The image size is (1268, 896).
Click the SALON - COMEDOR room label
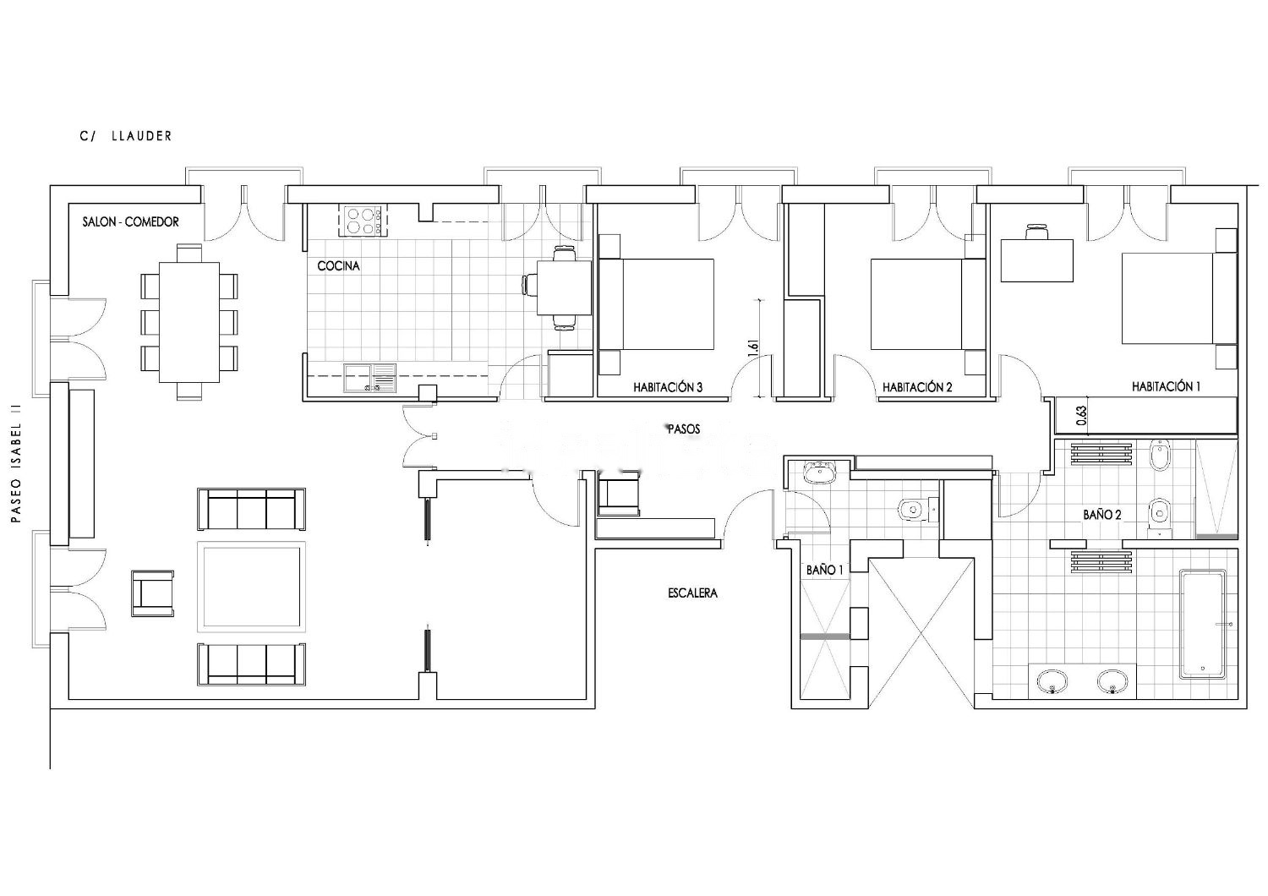point(131,221)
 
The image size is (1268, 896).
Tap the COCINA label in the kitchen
point(338,266)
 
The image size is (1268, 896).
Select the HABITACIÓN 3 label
point(668,388)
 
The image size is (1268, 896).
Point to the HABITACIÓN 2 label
point(917,388)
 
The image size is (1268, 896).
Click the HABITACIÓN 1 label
point(1166,386)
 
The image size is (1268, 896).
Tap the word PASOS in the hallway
point(684,429)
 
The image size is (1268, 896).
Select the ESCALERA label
point(693,593)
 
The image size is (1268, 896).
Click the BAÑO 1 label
point(825,570)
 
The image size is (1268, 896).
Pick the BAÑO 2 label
point(1102,515)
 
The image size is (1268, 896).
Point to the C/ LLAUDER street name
point(126,136)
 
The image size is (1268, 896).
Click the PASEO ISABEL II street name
point(16,463)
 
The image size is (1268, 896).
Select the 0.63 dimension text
point(1081,416)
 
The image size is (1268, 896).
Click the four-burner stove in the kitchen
point(363,221)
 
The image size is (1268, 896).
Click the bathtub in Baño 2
point(1203,625)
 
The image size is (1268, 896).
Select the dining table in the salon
point(189,323)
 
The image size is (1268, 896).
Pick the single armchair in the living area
point(153,593)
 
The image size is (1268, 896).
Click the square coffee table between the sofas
point(251,587)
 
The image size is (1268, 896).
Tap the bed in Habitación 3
point(656,304)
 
